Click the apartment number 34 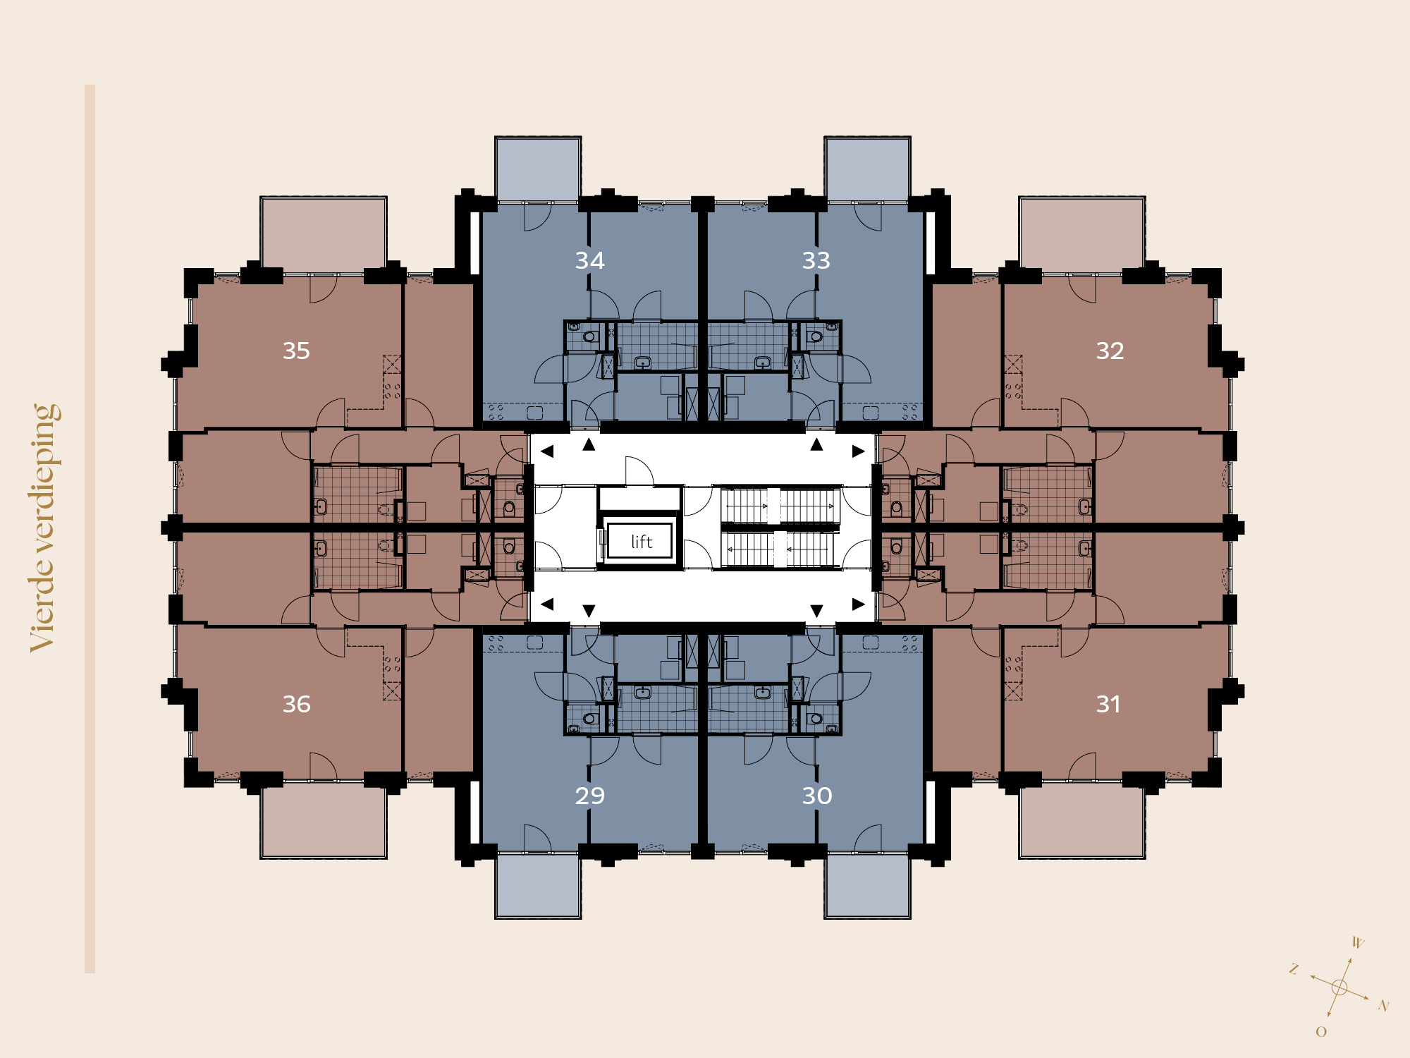pyautogui.click(x=590, y=260)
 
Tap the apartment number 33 pyautogui.click(x=816, y=260)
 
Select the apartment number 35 pyautogui.click(x=296, y=351)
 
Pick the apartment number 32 pyautogui.click(x=1110, y=351)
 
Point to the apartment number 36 pyautogui.click(x=296, y=704)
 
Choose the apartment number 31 pyautogui.click(x=1108, y=704)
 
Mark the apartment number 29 pyautogui.click(x=590, y=796)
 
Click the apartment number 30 pyautogui.click(x=817, y=796)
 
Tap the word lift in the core pyautogui.click(x=642, y=542)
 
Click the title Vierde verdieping pyautogui.click(x=44, y=528)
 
